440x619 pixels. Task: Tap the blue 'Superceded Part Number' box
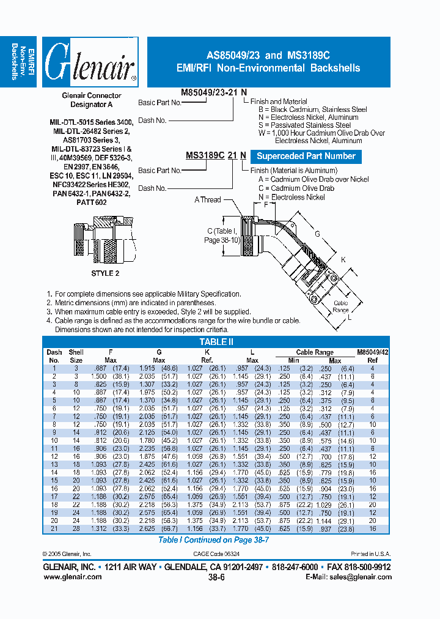306,157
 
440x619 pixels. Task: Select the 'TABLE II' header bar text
217,343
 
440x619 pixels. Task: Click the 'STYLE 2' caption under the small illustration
105,273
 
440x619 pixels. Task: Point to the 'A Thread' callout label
208,200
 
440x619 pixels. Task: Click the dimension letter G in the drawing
317,234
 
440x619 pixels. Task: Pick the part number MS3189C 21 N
216,156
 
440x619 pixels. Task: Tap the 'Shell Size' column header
76,356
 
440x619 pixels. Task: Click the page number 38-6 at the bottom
217,577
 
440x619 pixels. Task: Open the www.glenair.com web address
72,576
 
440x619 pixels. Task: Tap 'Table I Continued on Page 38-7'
214,540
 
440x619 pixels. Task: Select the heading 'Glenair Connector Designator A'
92,100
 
